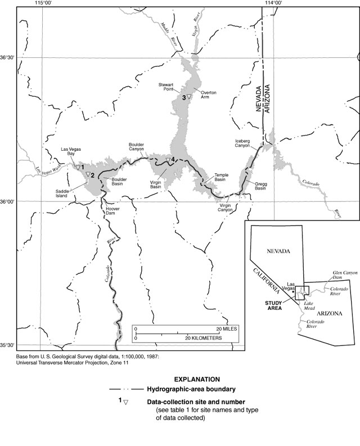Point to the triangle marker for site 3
(x=190, y=98)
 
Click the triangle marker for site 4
(x=168, y=163)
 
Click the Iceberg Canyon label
(x=246, y=143)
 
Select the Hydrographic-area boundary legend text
(x=191, y=389)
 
